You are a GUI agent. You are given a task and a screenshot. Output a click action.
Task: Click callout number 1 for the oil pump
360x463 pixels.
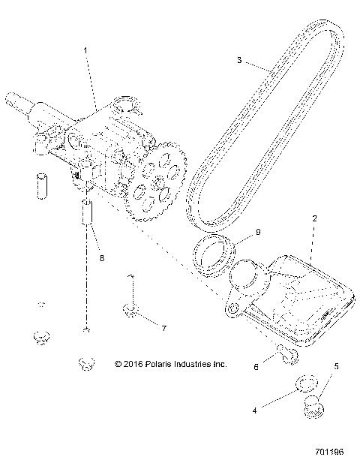pos(85,50)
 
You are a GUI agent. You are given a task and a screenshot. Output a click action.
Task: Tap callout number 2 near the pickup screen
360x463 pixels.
pos(315,218)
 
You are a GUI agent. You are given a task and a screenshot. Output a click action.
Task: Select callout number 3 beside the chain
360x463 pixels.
pos(239,60)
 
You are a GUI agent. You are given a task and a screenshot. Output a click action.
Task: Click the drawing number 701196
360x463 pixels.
pos(329,452)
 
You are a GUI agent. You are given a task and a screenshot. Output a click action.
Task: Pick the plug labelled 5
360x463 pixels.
pos(313,407)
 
